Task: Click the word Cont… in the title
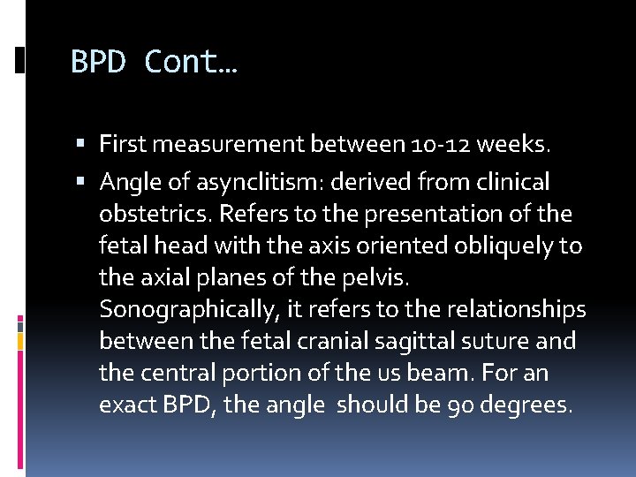click(193, 63)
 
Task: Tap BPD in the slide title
click(100, 63)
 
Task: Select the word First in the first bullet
click(120, 142)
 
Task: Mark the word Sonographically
click(185, 310)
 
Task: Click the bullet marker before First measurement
click(81, 143)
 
